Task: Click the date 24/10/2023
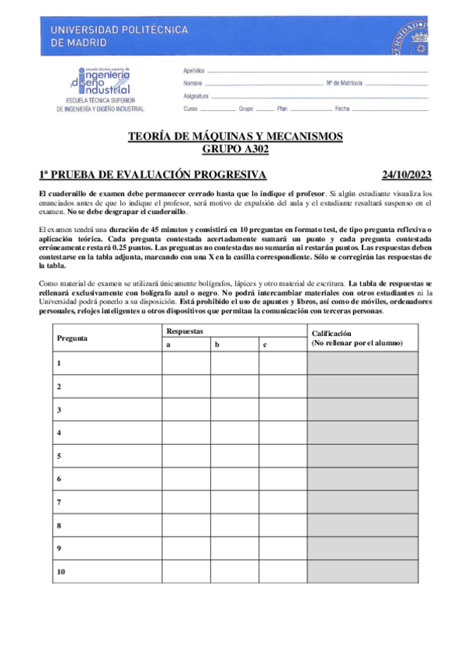(407, 175)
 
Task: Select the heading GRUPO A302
(234, 150)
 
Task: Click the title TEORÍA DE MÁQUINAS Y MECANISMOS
(234, 137)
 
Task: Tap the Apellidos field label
(193, 71)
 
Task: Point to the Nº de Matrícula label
(344, 82)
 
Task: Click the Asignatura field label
(196, 95)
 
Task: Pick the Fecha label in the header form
(342, 109)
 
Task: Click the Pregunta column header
(72, 338)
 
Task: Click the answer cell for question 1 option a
(186, 363)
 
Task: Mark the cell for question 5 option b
(234, 456)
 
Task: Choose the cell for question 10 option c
(282, 572)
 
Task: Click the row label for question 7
(59, 503)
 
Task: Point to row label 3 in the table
(59, 410)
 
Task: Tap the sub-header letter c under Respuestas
(265, 345)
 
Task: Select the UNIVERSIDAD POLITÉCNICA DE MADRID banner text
(119, 36)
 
